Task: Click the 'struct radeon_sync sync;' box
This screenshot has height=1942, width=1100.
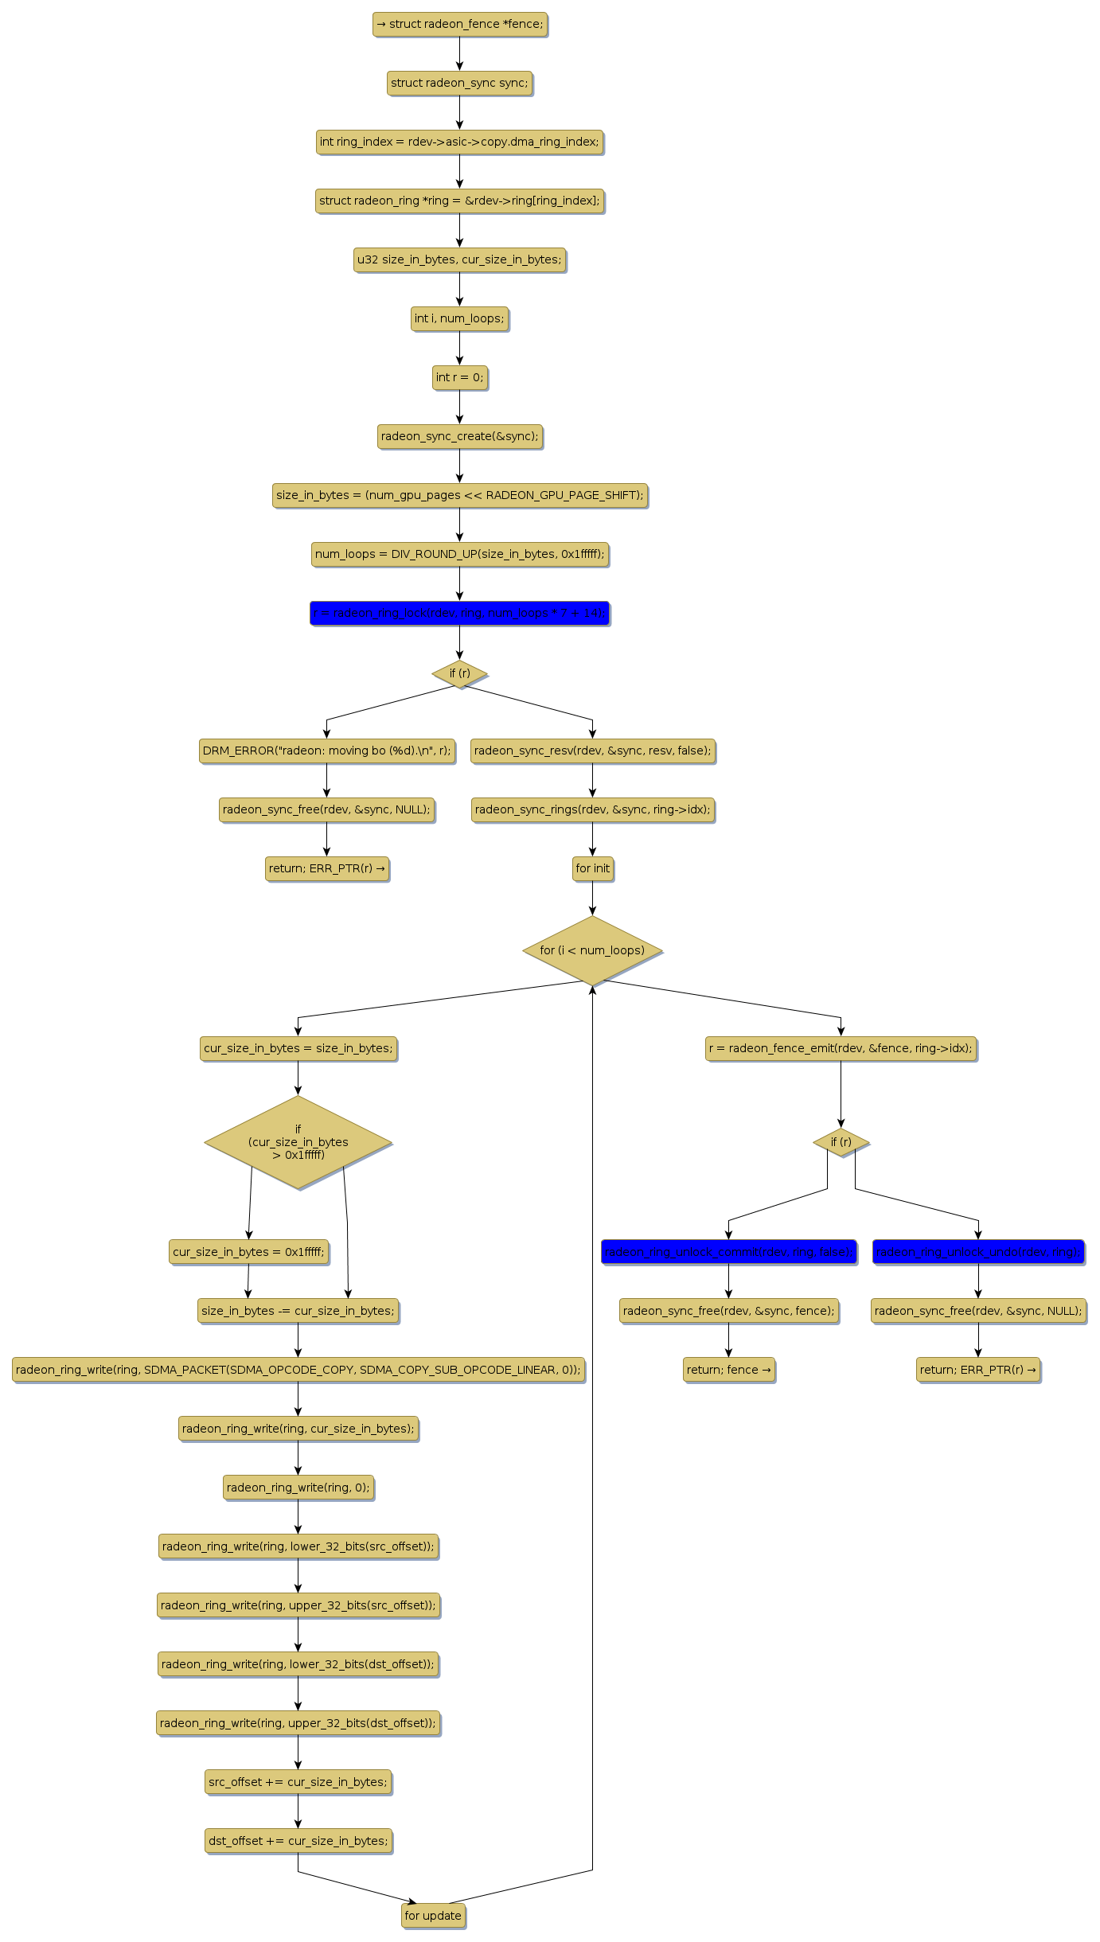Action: pos(459,83)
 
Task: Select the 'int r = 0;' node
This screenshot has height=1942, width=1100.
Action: pos(459,377)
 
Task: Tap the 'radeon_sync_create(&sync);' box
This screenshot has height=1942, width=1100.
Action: pos(459,436)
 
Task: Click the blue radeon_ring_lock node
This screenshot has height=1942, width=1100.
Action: pos(459,613)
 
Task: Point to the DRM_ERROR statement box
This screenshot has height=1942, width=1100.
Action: pos(326,751)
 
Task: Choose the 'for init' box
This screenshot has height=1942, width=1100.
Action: pos(592,868)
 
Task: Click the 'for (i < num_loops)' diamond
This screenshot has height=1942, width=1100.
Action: pos(592,950)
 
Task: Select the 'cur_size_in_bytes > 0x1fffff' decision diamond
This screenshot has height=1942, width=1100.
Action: pos(298,1142)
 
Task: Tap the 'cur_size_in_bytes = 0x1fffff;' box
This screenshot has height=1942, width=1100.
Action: pos(248,1252)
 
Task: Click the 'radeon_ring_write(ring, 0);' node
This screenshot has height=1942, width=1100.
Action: pos(298,1488)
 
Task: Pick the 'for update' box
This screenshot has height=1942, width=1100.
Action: pos(433,1916)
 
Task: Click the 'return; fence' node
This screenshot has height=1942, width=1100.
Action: pos(728,1370)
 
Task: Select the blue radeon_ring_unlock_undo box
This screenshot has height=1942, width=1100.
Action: pos(978,1252)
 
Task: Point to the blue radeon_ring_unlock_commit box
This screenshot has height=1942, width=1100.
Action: pos(728,1252)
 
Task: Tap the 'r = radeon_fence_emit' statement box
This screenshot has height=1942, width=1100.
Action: pos(841,1048)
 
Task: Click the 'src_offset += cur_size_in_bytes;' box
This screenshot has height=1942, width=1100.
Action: pos(298,1782)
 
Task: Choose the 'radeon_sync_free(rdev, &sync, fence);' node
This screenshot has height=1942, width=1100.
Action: pos(728,1311)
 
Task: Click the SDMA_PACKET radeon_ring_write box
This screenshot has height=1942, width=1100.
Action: pos(298,1370)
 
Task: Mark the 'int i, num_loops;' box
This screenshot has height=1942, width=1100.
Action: pos(459,318)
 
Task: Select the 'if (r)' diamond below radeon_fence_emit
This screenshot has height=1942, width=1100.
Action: pos(841,1142)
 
